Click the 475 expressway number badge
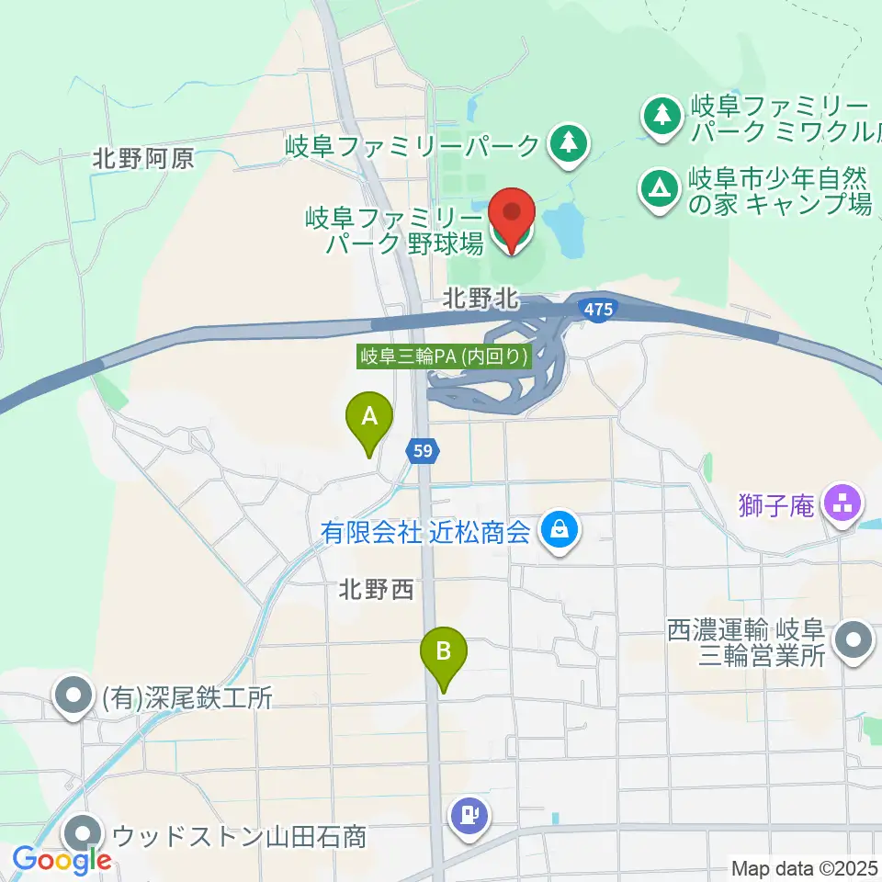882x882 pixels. click(x=596, y=311)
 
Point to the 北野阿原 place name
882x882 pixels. click(x=143, y=159)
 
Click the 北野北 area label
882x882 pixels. click(x=481, y=299)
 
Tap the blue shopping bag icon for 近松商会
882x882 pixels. click(x=558, y=530)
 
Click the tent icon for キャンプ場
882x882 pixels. click(x=659, y=189)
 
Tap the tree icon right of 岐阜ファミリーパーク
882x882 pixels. click(x=569, y=144)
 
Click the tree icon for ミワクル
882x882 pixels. click(x=659, y=116)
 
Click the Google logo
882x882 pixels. click(x=62, y=860)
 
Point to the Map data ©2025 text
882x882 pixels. click(x=804, y=867)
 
